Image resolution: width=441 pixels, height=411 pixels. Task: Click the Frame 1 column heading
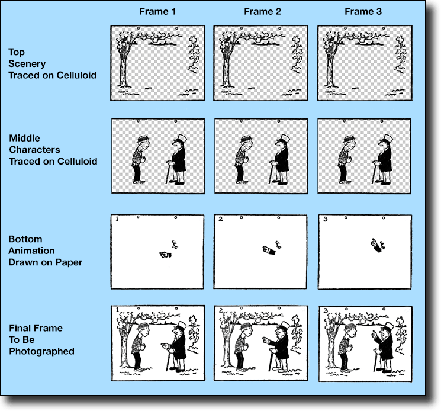[157, 11]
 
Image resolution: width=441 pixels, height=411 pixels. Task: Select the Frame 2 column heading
[262, 11]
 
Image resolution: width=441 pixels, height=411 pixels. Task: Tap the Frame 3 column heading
[363, 11]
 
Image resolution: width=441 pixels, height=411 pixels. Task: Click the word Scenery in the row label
[27, 64]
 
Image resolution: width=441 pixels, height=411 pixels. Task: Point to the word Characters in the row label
[34, 150]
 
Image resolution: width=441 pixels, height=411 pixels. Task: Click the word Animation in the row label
[31, 251]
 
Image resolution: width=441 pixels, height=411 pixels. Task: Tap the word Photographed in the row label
[41, 351]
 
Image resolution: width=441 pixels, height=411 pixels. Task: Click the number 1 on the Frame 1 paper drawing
[117, 219]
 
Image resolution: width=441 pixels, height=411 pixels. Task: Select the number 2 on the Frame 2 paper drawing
[221, 219]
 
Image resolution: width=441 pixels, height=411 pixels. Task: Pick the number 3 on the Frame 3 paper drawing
[326, 219]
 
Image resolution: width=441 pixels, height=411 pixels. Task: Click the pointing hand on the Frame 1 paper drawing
[165, 255]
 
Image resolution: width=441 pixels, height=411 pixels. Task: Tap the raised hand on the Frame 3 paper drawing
[376, 245]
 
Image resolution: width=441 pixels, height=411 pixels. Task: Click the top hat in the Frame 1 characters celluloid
[181, 139]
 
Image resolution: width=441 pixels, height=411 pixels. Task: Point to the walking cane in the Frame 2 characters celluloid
[271, 173]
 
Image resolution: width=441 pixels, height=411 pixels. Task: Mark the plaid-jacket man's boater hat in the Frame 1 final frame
[143, 326]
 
